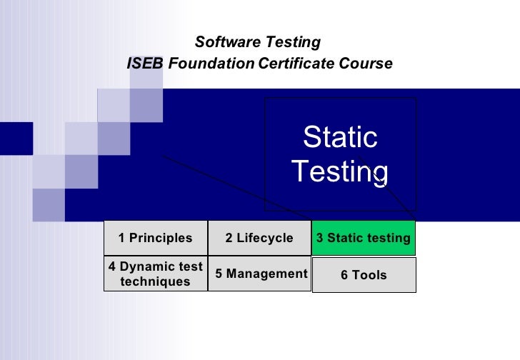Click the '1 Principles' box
(x=156, y=238)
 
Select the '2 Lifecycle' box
(x=259, y=238)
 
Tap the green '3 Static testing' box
(x=364, y=238)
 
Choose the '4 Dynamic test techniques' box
(x=156, y=274)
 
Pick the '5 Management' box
(x=259, y=274)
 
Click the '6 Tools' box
(x=364, y=275)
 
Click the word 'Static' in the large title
(x=340, y=137)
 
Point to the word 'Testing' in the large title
(x=340, y=171)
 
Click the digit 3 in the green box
(x=320, y=238)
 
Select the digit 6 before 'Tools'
(x=344, y=275)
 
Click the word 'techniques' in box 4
(x=156, y=281)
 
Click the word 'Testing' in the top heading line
(x=293, y=42)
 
